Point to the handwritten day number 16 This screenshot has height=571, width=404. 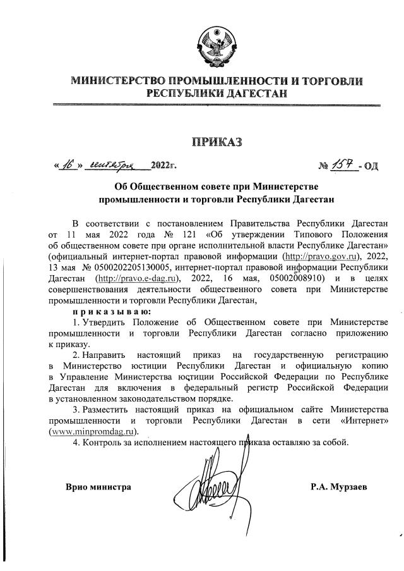click(66, 165)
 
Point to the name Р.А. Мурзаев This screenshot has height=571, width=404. click(342, 487)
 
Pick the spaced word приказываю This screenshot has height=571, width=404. click(111, 311)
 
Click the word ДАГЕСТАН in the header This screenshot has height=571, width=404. click(252, 93)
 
